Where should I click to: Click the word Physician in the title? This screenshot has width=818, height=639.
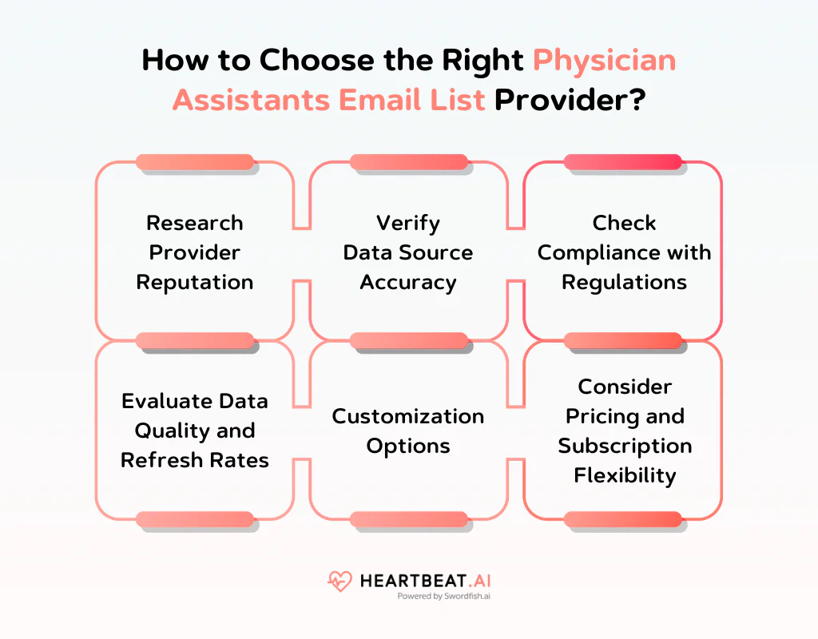[x=604, y=62]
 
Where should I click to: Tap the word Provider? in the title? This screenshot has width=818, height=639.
[x=570, y=101]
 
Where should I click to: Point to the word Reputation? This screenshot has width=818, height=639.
[x=195, y=282]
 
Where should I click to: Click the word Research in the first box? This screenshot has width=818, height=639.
[x=195, y=223]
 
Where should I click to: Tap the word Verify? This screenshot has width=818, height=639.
[x=408, y=223]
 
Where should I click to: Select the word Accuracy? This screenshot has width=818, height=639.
[x=408, y=282]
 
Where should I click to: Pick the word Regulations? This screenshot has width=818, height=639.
[x=624, y=282]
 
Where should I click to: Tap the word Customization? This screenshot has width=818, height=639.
[x=408, y=416]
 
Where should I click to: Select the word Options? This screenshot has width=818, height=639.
[x=408, y=446]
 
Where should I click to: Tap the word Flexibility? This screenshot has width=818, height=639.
[x=624, y=475]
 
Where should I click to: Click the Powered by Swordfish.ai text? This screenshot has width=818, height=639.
[x=443, y=596]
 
